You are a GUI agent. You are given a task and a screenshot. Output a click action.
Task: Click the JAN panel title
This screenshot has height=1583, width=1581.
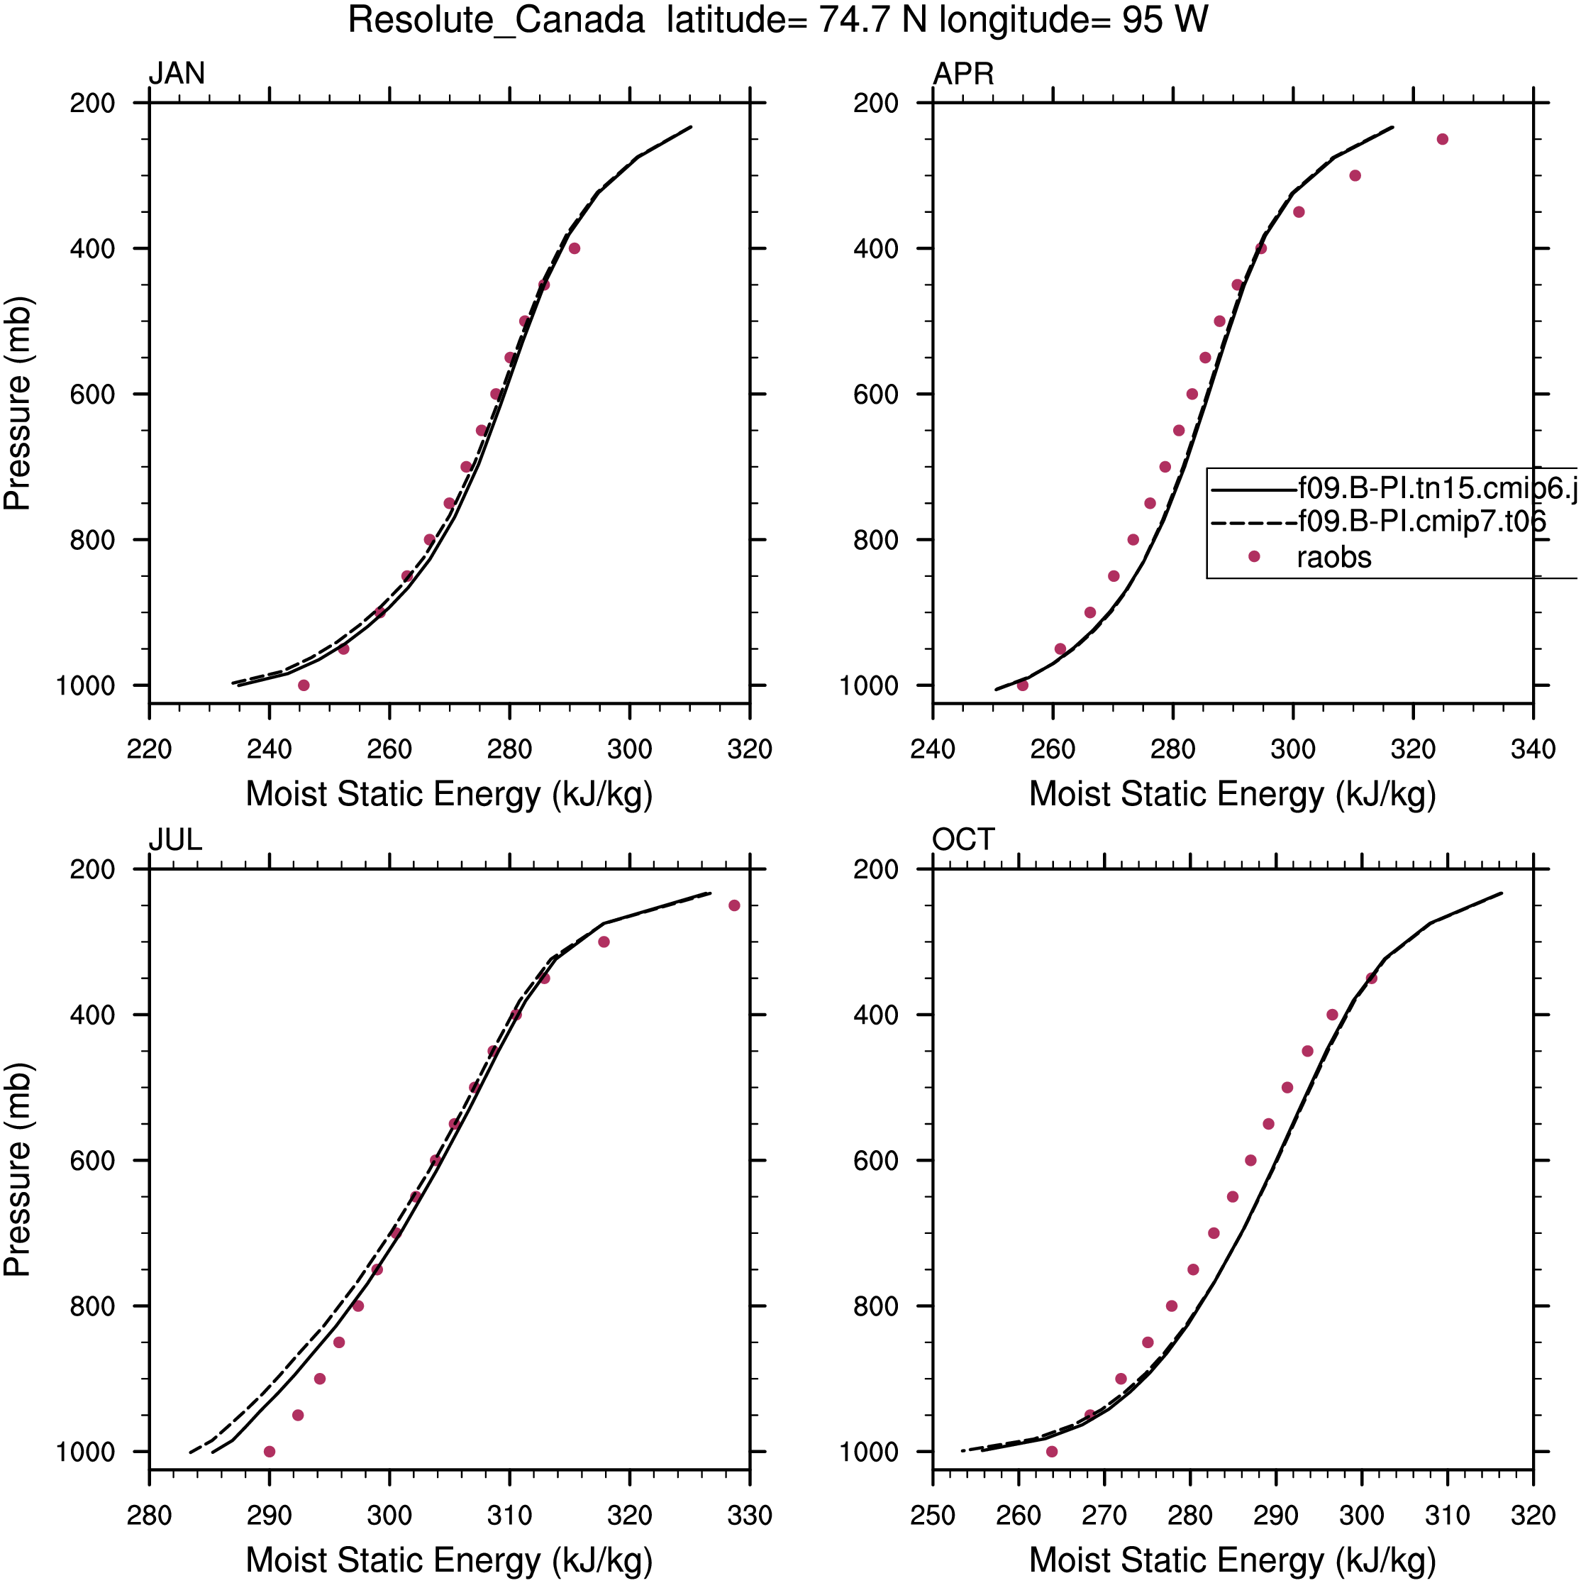point(176,74)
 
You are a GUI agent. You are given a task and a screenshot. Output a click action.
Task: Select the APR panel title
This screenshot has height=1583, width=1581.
point(963,74)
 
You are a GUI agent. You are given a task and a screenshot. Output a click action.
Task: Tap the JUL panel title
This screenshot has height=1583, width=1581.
point(175,840)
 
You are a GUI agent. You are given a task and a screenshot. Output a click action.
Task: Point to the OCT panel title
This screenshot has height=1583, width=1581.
point(963,840)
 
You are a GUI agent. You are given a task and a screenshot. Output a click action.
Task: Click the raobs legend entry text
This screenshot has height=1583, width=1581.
point(1333,557)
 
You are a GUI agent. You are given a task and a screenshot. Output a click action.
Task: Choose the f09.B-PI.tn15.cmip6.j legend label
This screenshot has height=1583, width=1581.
point(1438,488)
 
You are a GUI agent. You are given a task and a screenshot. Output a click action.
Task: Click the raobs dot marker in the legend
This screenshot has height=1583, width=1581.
point(1253,556)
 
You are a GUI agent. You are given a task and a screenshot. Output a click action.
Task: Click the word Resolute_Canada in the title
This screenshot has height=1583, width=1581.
point(497,21)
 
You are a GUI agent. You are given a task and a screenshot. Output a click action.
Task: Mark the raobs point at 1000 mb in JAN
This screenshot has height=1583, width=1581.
point(304,685)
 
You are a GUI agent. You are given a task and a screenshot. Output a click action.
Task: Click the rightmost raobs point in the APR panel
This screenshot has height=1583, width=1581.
point(1443,139)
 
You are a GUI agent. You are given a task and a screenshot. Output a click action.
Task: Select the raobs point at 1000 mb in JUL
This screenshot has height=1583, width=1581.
point(270,1451)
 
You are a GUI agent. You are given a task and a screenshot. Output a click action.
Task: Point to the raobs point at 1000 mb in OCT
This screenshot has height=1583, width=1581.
point(1052,1451)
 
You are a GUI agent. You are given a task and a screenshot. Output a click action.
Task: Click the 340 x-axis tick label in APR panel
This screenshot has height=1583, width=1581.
point(1533,749)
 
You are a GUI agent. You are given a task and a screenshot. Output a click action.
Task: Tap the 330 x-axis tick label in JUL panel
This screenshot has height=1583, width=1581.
point(750,1515)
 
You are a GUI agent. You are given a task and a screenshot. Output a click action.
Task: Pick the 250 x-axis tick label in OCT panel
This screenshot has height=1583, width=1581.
point(932,1515)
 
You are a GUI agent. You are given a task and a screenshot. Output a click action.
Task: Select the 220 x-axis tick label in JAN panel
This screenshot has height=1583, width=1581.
point(149,749)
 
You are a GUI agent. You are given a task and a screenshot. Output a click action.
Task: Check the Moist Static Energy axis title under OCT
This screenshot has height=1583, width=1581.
point(1233,1560)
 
